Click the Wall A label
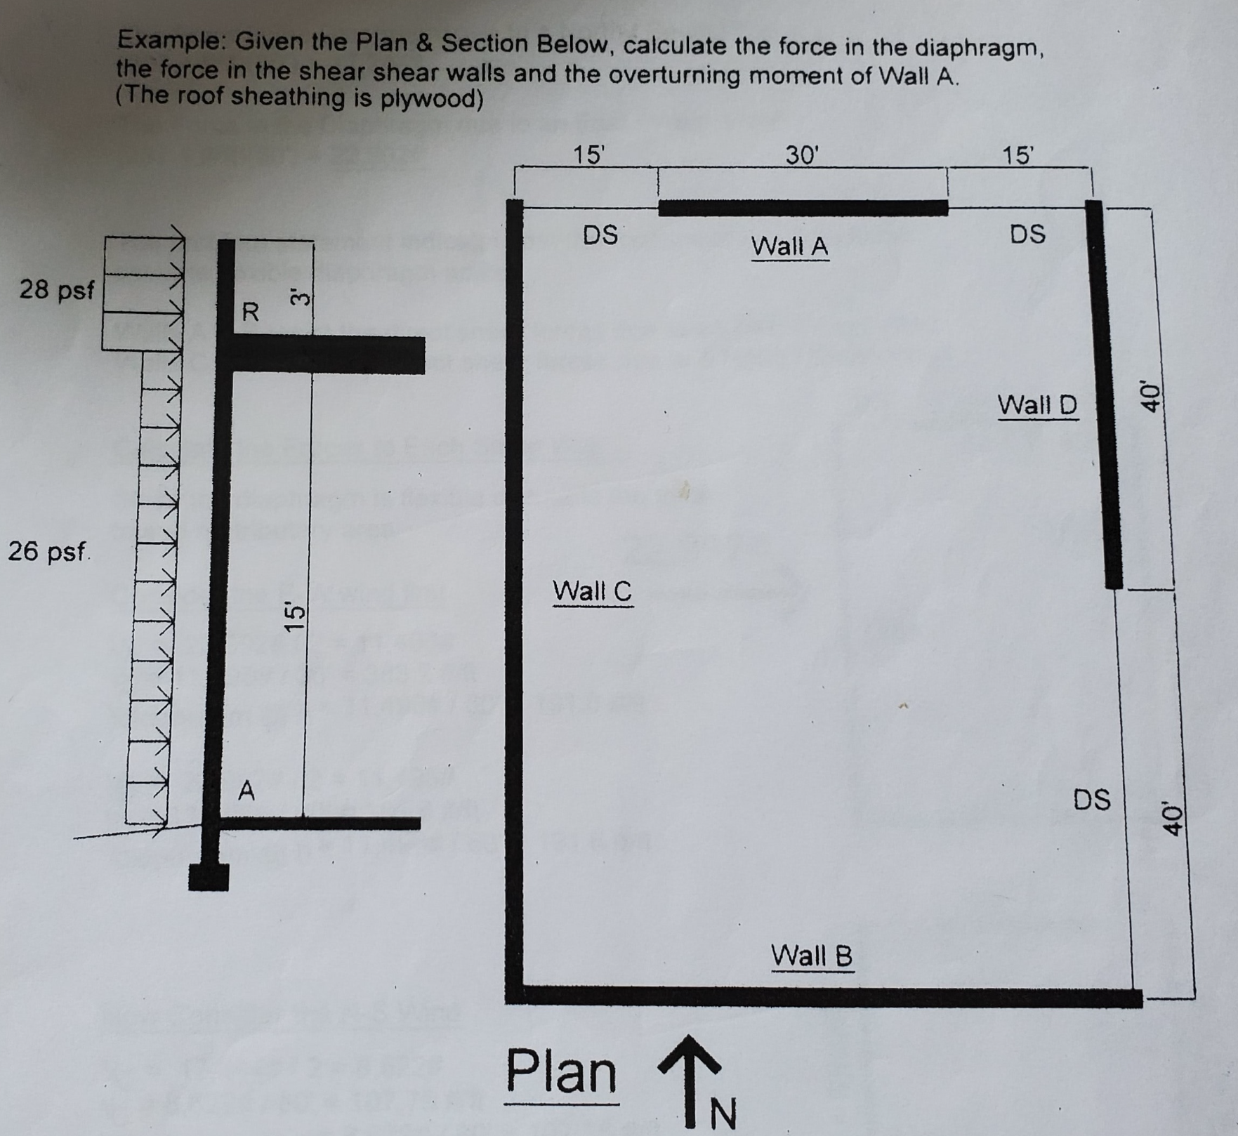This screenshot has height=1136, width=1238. coord(789,246)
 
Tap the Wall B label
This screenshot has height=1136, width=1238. coord(812,956)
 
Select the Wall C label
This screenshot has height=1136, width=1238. coord(592,591)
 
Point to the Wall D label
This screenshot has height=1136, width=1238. coord(1037,405)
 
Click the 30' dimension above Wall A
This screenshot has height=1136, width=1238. coord(802,155)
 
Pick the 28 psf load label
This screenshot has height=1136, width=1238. coord(56,289)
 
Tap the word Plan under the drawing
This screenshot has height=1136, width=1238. coord(561,1072)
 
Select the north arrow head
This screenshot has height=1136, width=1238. coord(690,1052)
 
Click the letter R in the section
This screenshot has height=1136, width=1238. coord(250,311)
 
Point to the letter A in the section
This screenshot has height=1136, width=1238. coord(246,791)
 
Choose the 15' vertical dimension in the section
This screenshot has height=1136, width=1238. coord(295,616)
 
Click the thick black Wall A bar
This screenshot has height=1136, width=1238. coord(803,208)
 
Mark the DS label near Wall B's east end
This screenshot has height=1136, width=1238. coord(1092,800)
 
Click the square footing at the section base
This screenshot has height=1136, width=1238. coord(209,877)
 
